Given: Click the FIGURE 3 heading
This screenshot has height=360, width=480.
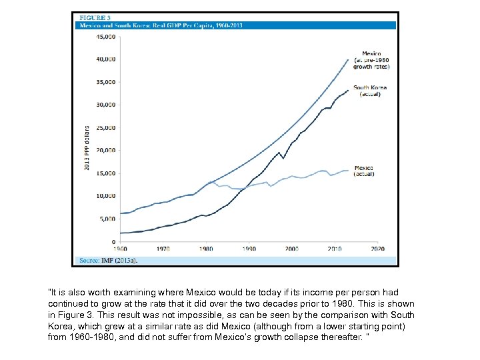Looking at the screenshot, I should pyautogui.click(x=94, y=17).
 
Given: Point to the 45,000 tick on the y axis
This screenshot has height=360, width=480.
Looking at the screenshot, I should pyautogui.click(x=105, y=37).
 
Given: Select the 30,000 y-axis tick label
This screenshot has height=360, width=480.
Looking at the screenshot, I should pyautogui.click(x=105, y=105).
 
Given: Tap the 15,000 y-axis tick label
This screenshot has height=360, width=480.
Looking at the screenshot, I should pyautogui.click(x=105, y=173).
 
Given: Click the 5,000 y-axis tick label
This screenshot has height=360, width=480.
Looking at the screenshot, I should pyautogui.click(x=107, y=219).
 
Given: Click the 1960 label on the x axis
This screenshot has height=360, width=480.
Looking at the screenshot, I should pyautogui.click(x=121, y=249).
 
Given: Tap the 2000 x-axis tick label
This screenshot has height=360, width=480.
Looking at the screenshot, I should pyautogui.click(x=292, y=249).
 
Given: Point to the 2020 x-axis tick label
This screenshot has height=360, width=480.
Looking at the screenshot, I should pyautogui.click(x=377, y=249).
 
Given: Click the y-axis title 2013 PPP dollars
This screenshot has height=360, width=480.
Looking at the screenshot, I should pyautogui.click(x=87, y=147).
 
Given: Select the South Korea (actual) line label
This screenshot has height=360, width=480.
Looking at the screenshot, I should pyautogui.click(x=370, y=91).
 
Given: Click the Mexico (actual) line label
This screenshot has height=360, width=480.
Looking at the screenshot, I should pyautogui.click(x=364, y=171).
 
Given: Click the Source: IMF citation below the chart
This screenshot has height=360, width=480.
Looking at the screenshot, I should pyautogui.click(x=109, y=260).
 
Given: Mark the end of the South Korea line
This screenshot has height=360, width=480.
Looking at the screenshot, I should pyautogui.click(x=348, y=90).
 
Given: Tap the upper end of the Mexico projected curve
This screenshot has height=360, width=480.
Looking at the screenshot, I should pyautogui.click(x=348, y=59).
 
